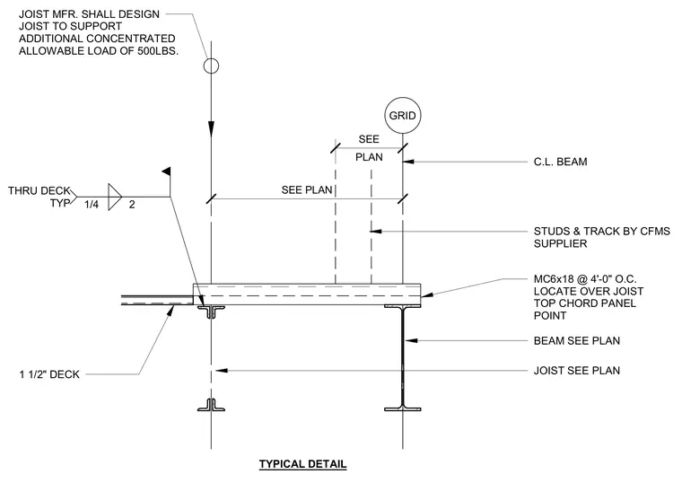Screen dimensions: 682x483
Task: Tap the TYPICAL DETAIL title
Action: click(x=302, y=464)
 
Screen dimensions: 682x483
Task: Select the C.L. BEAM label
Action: click(x=560, y=162)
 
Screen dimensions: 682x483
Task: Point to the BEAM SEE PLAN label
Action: click(x=577, y=341)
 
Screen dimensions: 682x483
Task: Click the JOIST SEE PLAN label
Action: click(x=577, y=371)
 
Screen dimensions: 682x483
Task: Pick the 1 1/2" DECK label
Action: click(x=49, y=374)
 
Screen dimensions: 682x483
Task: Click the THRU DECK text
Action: click(x=39, y=190)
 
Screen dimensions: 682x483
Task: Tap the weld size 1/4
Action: click(x=92, y=204)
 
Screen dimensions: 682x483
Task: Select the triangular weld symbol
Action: click(x=115, y=198)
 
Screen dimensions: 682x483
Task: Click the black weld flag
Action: click(x=166, y=171)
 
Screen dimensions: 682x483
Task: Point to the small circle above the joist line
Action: click(x=211, y=66)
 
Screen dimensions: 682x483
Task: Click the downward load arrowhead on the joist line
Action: click(x=211, y=128)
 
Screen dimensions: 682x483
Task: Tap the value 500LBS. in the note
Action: click(x=158, y=51)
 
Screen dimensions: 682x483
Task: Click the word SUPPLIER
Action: click(x=560, y=243)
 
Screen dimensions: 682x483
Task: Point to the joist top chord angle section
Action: click(x=211, y=312)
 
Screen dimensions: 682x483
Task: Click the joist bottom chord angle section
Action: click(x=211, y=405)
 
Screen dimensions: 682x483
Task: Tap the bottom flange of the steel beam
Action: click(x=402, y=408)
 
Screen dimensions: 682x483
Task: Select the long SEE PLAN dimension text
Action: click(x=307, y=190)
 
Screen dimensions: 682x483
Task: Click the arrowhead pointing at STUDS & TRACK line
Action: click(x=376, y=231)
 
